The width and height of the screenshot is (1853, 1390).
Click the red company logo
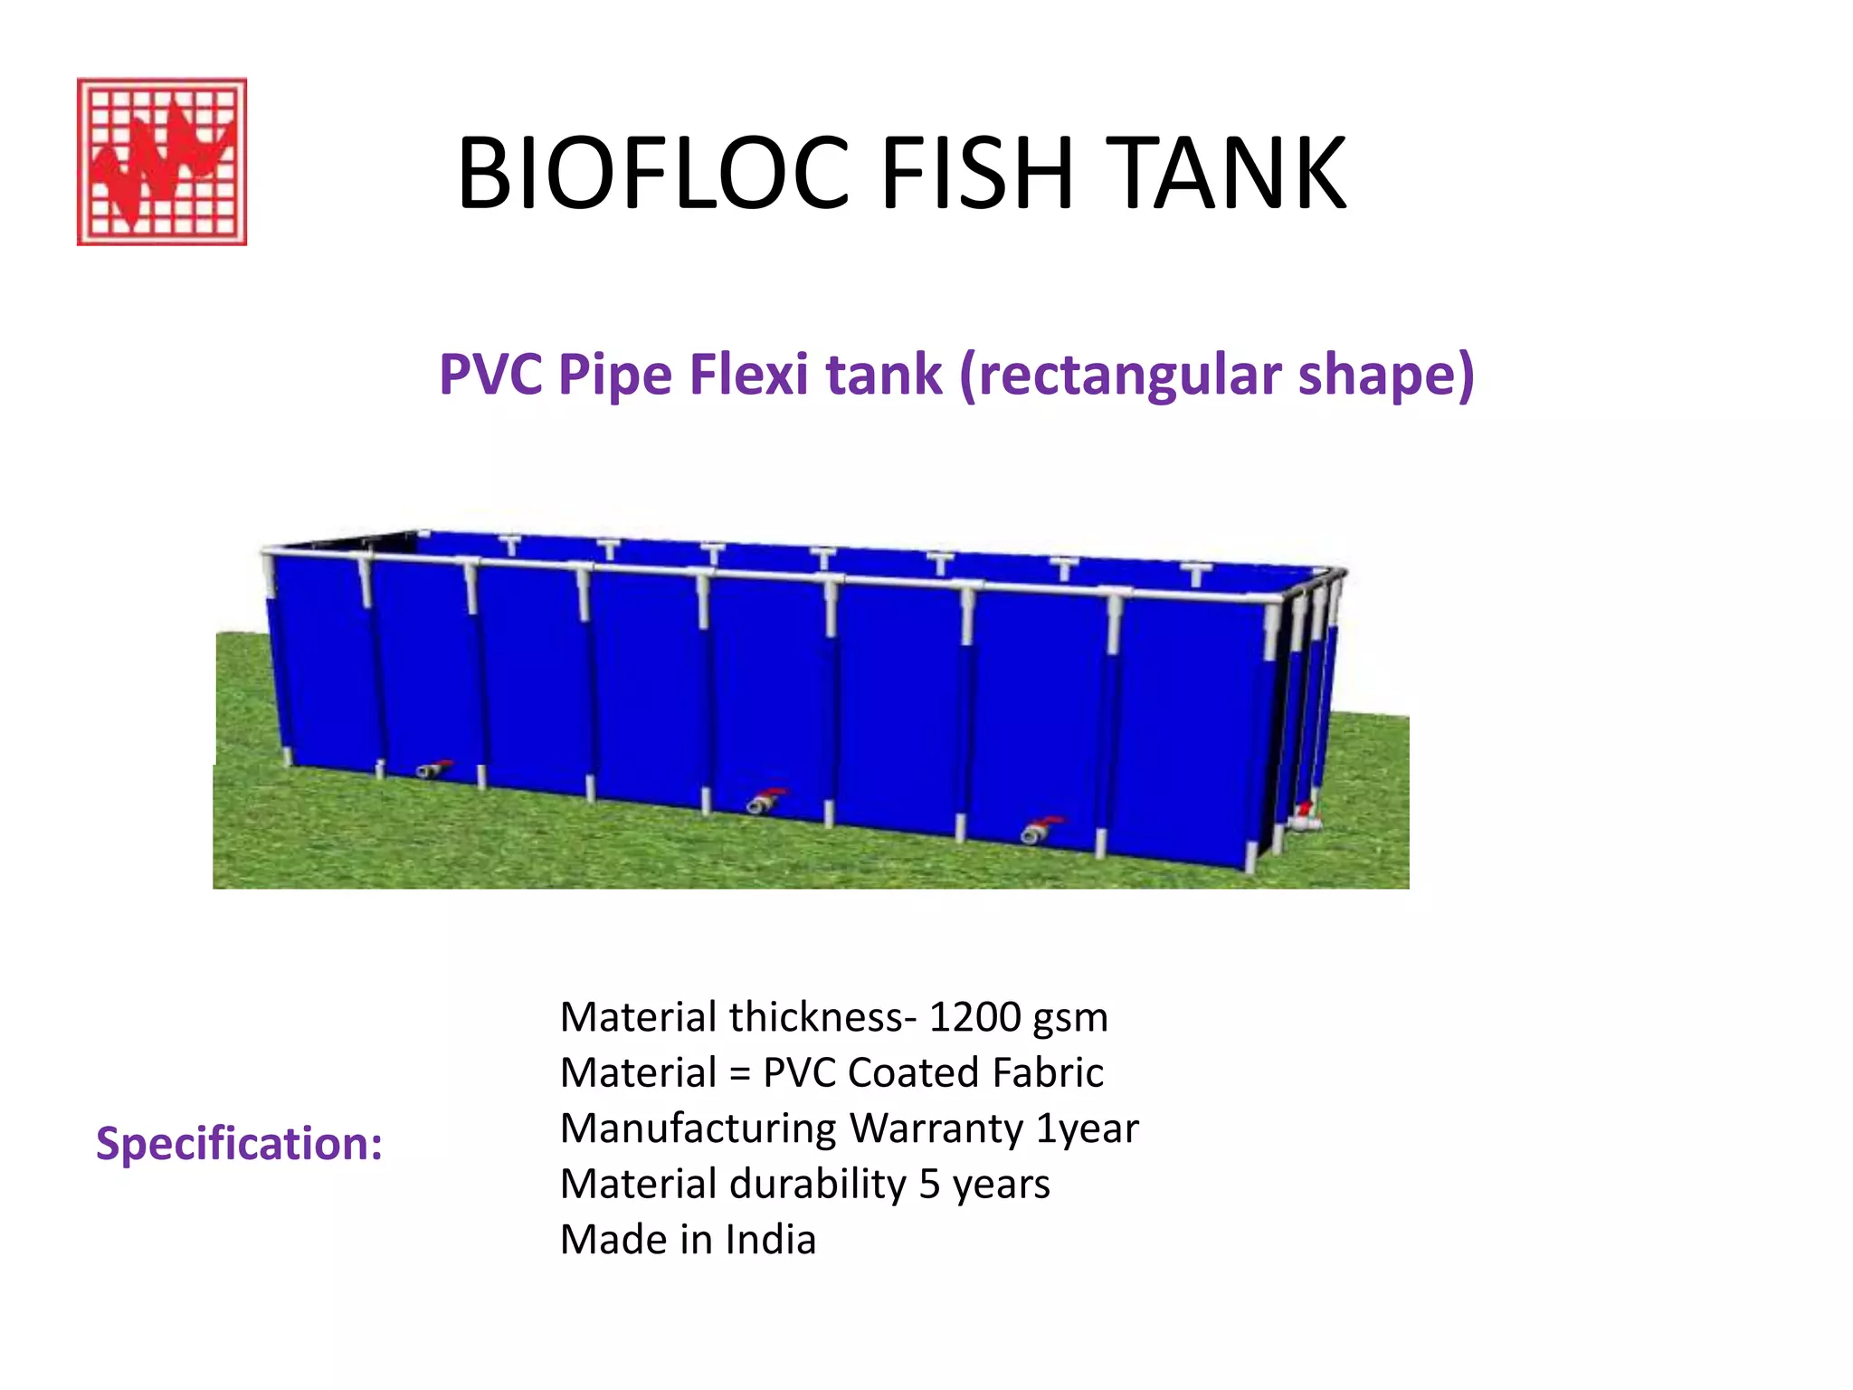click(162, 161)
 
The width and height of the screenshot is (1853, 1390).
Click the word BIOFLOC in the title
click(652, 173)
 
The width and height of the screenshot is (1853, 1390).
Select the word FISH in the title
click(977, 173)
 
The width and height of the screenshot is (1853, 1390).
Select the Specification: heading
click(239, 1144)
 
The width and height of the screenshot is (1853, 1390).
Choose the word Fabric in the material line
click(1048, 1073)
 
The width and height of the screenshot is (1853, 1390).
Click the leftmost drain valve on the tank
click(433, 769)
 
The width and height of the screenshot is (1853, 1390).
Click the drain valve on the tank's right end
click(1304, 817)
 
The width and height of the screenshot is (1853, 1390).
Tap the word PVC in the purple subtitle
click(490, 375)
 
